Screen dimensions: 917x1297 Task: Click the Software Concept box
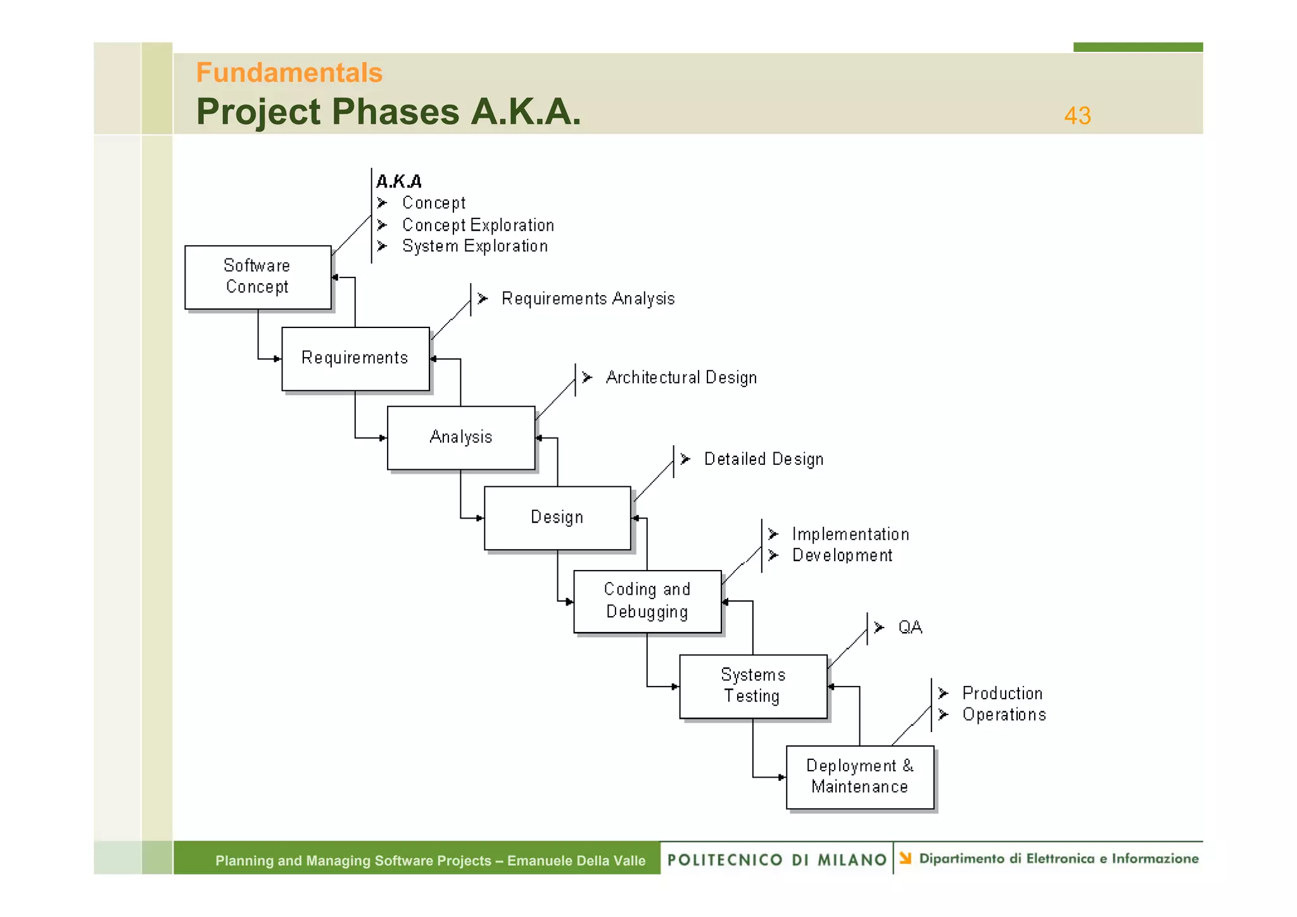coord(258,277)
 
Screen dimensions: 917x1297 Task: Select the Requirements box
coord(355,358)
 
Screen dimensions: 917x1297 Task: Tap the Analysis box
coord(460,438)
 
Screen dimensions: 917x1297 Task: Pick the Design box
coord(557,517)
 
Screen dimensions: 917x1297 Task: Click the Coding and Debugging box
coord(647,601)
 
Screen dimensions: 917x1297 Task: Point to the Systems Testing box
coord(752,686)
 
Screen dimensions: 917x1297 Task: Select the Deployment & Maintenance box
coord(859,776)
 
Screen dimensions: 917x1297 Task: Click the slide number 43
coord(1077,116)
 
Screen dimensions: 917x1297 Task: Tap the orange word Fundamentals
coord(289,73)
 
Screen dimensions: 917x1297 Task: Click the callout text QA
coord(910,628)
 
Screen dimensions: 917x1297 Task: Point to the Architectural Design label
coord(681,378)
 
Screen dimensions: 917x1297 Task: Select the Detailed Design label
coord(763,459)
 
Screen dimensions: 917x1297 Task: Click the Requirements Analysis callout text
coord(588,299)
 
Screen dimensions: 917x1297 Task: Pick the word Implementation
coord(850,534)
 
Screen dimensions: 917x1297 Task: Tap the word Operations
coord(1004,715)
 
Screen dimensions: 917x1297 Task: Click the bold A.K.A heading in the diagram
coord(399,182)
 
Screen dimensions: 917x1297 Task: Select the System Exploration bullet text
coord(474,246)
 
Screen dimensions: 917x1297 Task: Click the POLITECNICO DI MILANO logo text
coord(776,860)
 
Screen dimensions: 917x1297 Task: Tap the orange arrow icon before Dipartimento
coord(906,859)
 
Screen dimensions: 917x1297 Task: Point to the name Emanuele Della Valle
coord(576,861)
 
